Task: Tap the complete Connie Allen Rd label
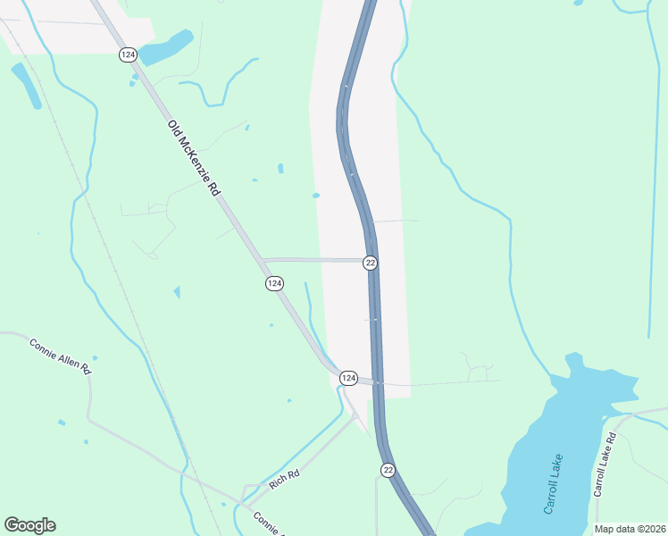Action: coord(61,356)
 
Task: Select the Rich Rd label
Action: coord(284,481)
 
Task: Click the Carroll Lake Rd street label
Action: coord(605,465)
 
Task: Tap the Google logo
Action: coord(29,525)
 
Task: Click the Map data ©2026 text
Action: coord(629,529)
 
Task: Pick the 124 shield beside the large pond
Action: coord(127,55)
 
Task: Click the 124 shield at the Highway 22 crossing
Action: coord(348,379)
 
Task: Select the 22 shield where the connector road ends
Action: coord(370,263)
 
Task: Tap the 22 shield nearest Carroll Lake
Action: coord(388,469)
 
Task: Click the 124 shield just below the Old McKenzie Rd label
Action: coord(274,283)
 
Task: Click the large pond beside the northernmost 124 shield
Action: coord(166,48)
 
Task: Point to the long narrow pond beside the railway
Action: coord(26,85)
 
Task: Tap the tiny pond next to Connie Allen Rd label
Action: coord(95,358)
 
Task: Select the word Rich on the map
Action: coord(278,484)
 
